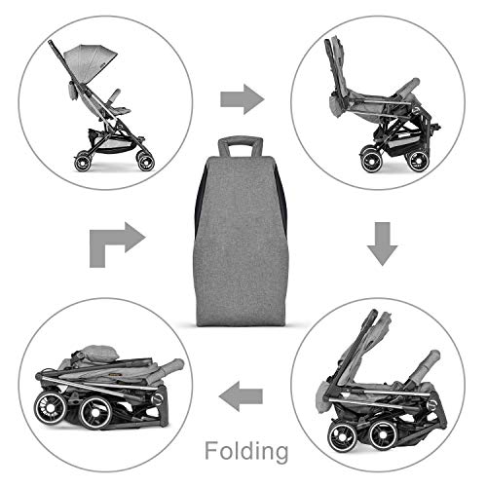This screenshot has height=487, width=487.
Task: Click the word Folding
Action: [246, 451]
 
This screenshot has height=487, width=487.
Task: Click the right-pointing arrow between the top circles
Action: [243, 99]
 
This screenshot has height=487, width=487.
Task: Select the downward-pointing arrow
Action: [383, 243]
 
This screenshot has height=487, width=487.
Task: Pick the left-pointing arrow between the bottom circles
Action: [241, 396]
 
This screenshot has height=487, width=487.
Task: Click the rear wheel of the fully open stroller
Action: [82, 163]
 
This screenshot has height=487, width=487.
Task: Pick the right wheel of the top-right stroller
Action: [418, 162]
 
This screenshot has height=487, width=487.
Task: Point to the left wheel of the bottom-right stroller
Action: [343, 436]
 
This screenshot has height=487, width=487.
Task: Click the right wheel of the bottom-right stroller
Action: [383, 434]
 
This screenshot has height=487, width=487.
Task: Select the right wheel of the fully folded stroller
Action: [96, 412]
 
